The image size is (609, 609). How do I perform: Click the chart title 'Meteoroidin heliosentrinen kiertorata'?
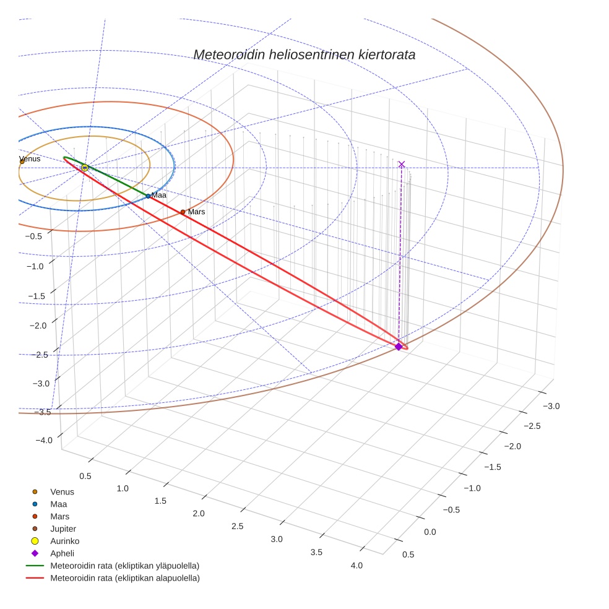[304, 54]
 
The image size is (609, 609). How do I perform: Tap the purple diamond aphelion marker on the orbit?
[398, 347]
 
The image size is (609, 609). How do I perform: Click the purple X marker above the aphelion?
[402, 164]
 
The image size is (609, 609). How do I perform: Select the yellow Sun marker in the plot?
[84, 168]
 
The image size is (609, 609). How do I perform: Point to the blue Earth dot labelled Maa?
[148, 196]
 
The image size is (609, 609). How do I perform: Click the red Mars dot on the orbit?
[183, 212]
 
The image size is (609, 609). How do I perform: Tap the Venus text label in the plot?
[30, 159]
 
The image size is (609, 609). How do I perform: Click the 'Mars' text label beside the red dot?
[196, 212]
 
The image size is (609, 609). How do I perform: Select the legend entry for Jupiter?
[63, 529]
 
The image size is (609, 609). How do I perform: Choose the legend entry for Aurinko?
[64, 541]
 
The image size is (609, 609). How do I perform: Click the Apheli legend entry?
[62, 553]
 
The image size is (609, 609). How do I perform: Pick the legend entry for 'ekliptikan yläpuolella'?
[124, 566]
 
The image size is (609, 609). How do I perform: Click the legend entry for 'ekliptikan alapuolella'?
[124, 578]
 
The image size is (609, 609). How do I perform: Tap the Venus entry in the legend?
[62, 492]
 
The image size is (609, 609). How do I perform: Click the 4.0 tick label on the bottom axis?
[356, 565]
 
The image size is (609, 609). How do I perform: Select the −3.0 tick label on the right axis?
[551, 406]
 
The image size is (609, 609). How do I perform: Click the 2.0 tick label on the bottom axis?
[198, 514]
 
